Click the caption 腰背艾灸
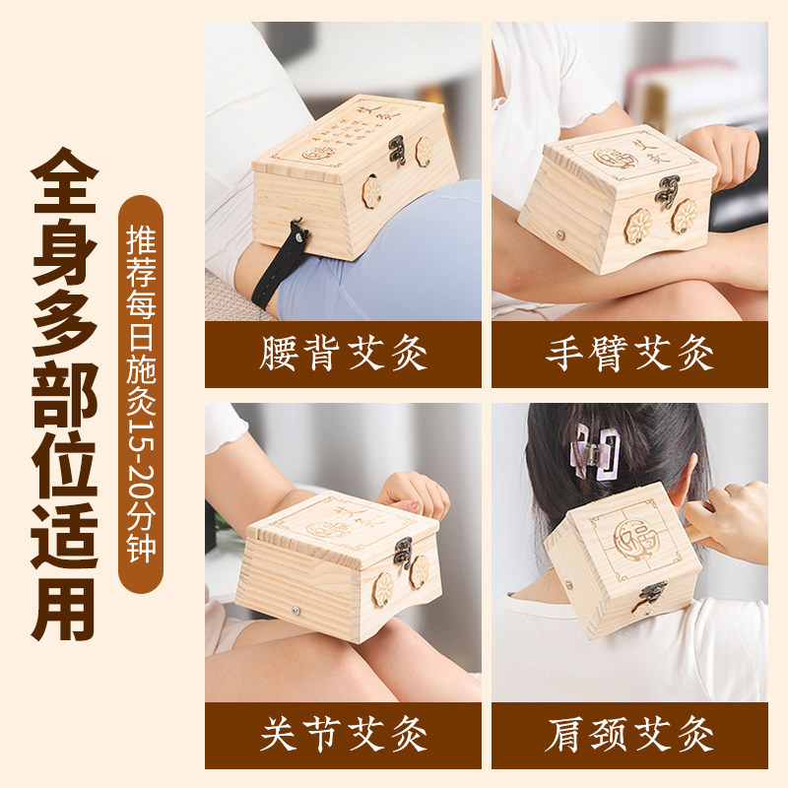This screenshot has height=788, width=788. [343, 354]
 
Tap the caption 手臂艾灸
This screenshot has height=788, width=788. [629, 354]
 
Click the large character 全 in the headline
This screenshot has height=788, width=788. [64, 184]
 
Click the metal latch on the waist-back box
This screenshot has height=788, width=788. [398, 151]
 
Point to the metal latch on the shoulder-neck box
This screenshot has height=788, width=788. [650, 594]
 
